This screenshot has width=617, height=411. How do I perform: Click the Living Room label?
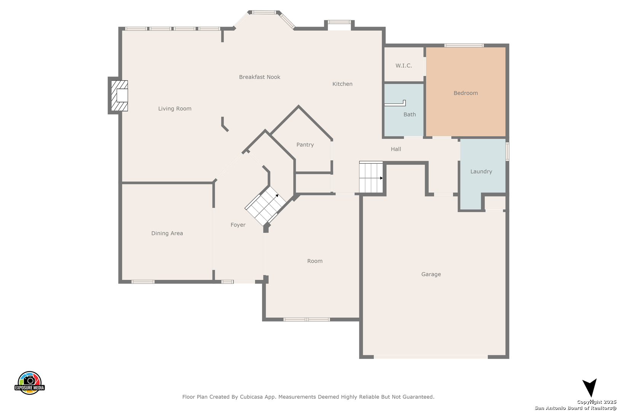pyautogui.click(x=175, y=109)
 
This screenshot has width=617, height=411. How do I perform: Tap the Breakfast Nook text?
pyautogui.click(x=259, y=77)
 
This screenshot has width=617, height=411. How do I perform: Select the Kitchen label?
pyautogui.click(x=342, y=84)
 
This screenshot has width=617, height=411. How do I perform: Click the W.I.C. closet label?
pyautogui.click(x=404, y=65)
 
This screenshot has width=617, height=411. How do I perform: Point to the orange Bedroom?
pyautogui.click(x=466, y=92)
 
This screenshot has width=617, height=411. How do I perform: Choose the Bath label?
pyautogui.click(x=409, y=115)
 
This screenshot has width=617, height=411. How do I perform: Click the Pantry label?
pyautogui.click(x=305, y=145)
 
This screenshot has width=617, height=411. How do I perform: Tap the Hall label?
pyautogui.click(x=396, y=149)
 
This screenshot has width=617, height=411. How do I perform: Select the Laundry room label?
pyautogui.click(x=481, y=172)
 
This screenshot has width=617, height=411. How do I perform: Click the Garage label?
pyautogui.click(x=431, y=274)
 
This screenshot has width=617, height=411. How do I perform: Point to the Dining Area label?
pyautogui.click(x=167, y=233)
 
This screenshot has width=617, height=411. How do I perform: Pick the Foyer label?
pyautogui.click(x=238, y=225)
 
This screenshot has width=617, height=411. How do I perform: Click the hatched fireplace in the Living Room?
pyautogui.click(x=119, y=96)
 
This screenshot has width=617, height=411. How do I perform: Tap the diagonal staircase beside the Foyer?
pyautogui.click(x=265, y=206)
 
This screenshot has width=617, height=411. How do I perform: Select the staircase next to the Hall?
pyautogui.click(x=371, y=177)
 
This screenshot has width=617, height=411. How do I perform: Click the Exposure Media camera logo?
pyautogui.click(x=29, y=382)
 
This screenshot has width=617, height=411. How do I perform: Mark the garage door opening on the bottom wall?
pyautogui.click(x=430, y=357)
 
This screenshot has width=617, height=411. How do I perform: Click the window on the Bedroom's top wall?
pyautogui.click(x=464, y=45)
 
